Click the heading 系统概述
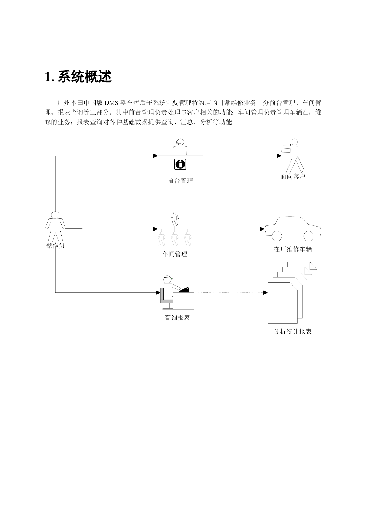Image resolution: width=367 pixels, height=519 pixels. pyautogui.click(x=85, y=77)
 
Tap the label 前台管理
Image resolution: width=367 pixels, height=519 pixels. pyautogui.click(x=180, y=181)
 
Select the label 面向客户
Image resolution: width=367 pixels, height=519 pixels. pyautogui.click(x=292, y=177)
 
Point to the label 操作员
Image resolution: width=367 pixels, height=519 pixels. pyautogui.click(x=55, y=245)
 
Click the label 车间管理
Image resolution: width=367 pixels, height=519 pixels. pyautogui.click(x=175, y=254)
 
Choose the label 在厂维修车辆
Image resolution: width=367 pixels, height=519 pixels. pyautogui.click(x=293, y=249)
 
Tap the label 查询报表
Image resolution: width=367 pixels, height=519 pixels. pyautogui.click(x=177, y=318)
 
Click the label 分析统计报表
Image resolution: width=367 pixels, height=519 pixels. pyautogui.click(x=292, y=332)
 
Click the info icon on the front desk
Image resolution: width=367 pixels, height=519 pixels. pyautogui.click(x=180, y=164)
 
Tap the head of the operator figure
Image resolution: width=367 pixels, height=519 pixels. pyautogui.click(x=55, y=215)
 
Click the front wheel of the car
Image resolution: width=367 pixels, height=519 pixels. pyautogui.click(x=277, y=236)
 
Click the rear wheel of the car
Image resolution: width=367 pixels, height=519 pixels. pyautogui.click(x=308, y=236)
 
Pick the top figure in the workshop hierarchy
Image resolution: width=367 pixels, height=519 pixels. pyautogui.click(x=175, y=219)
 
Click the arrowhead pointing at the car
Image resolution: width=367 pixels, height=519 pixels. pyautogui.click(x=262, y=229)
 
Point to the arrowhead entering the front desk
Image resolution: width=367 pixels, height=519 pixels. pyautogui.click(x=156, y=156)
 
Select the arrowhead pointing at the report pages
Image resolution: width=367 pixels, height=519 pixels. pyautogui.click(x=266, y=293)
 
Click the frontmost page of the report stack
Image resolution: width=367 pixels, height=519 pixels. pyautogui.click(x=282, y=303)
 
